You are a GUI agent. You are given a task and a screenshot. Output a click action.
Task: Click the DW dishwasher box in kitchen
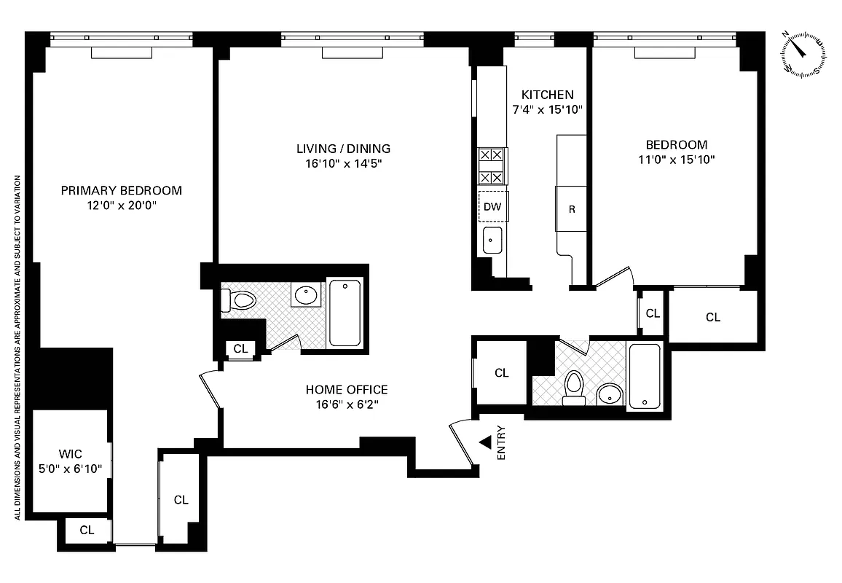[493, 206]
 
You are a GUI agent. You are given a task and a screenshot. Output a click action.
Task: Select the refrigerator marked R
[572, 209]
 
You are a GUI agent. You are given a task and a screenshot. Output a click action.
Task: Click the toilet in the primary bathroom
[240, 300]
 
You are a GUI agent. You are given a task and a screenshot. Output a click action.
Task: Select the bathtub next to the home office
[345, 313]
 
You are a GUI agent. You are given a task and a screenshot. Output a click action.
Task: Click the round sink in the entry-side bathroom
[608, 396]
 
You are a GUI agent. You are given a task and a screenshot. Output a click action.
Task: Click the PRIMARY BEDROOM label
[121, 191]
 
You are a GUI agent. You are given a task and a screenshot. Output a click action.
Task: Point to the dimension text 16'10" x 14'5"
[343, 163]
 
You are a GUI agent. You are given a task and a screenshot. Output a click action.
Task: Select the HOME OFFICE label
[347, 390]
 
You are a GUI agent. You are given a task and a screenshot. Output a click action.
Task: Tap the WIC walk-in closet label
[71, 454]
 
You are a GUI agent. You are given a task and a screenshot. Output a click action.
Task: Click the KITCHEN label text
[547, 95]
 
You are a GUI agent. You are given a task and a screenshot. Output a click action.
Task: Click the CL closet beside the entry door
[501, 373]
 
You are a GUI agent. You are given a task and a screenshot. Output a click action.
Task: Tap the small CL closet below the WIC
[87, 531]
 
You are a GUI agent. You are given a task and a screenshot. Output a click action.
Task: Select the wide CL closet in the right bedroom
[712, 317]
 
